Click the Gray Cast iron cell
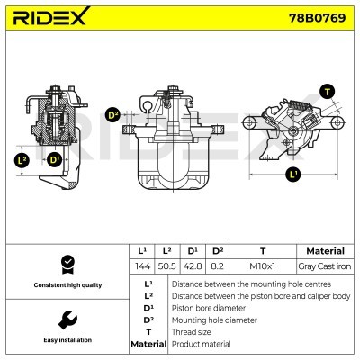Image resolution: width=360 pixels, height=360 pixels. coord(325,266)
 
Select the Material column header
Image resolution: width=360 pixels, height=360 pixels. coord(325,251)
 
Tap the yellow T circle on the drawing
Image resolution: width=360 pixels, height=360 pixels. coord(327,91)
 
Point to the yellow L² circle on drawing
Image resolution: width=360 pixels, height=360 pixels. coord(22,162)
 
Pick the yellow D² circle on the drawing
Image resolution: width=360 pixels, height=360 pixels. coord(113,114)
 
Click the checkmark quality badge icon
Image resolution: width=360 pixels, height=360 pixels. coord(66,264)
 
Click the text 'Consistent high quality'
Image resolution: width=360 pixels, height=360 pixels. coord(66,285)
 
